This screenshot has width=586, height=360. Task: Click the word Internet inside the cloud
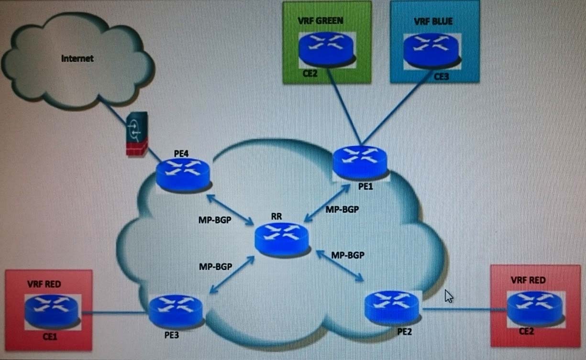[x=77, y=59]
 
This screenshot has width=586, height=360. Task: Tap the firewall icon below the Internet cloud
[x=136, y=134]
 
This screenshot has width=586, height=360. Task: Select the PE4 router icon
[x=183, y=174]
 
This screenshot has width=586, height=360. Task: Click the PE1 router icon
[x=360, y=162]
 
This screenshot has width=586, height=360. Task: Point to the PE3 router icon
[x=176, y=311]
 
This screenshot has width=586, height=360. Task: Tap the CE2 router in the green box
[x=327, y=49]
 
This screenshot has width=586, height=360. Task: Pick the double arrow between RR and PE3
[x=232, y=274]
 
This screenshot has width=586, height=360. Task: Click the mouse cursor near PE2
[x=449, y=296]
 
